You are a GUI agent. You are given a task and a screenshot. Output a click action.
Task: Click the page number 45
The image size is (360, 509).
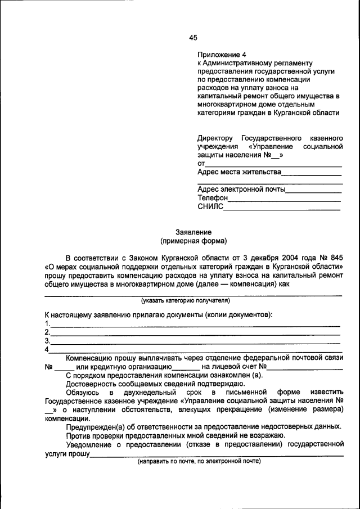point(193,38)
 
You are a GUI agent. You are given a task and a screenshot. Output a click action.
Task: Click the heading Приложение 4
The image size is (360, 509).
point(222,55)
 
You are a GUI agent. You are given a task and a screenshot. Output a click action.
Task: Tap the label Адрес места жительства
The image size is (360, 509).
point(239,172)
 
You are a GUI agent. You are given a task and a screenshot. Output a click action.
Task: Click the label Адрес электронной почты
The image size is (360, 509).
point(242,189)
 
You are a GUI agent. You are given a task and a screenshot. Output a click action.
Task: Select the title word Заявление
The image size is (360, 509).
point(193,232)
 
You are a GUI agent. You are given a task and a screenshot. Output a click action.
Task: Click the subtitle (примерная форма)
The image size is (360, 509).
point(193,241)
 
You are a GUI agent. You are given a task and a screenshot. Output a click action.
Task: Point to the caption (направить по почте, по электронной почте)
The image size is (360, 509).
point(199,461)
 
